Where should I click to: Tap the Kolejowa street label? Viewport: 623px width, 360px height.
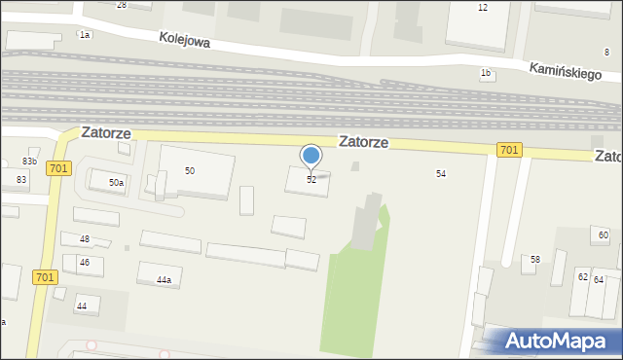point(185,40)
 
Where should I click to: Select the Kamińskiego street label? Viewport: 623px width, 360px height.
point(566,73)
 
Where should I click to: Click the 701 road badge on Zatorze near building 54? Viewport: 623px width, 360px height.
point(508,149)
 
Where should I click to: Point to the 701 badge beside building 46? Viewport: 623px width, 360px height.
point(43,277)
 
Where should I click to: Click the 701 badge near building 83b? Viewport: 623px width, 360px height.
point(58,168)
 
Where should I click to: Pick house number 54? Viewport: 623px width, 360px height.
point(441,173)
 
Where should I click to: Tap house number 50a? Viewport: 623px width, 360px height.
point(116,182)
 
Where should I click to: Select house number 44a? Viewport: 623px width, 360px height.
point(164,280)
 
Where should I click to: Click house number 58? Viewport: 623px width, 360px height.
point(535,260)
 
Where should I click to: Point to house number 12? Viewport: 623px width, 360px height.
point(482,8)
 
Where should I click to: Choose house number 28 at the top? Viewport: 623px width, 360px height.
point(122,5)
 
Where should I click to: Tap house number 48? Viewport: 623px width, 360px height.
point(85,239)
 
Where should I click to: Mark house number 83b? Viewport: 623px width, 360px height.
point(30,162)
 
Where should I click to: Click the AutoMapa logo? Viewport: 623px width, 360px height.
point(560,341)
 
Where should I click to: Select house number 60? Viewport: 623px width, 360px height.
point(604,235)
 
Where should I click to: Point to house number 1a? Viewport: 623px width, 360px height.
point(85,35)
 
